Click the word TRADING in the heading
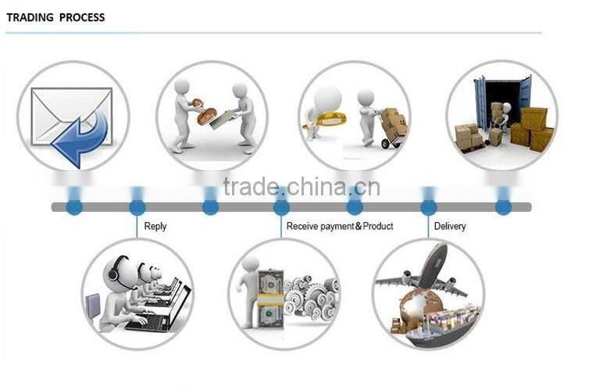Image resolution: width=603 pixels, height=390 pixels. [28, 17]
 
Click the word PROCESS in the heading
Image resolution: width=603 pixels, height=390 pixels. [81, 17]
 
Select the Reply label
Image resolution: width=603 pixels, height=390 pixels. [155, 227]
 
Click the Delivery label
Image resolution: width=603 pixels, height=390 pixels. [450, 227]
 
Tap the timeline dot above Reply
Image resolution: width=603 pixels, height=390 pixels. [137, 208]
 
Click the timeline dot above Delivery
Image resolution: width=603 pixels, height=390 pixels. [429, 208]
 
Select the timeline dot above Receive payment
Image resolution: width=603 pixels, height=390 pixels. [281, 208]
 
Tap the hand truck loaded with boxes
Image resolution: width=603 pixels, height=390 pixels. [393, 127]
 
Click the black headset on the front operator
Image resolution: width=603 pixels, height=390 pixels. [112, 270]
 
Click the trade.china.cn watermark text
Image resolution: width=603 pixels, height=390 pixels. [301, 187]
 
